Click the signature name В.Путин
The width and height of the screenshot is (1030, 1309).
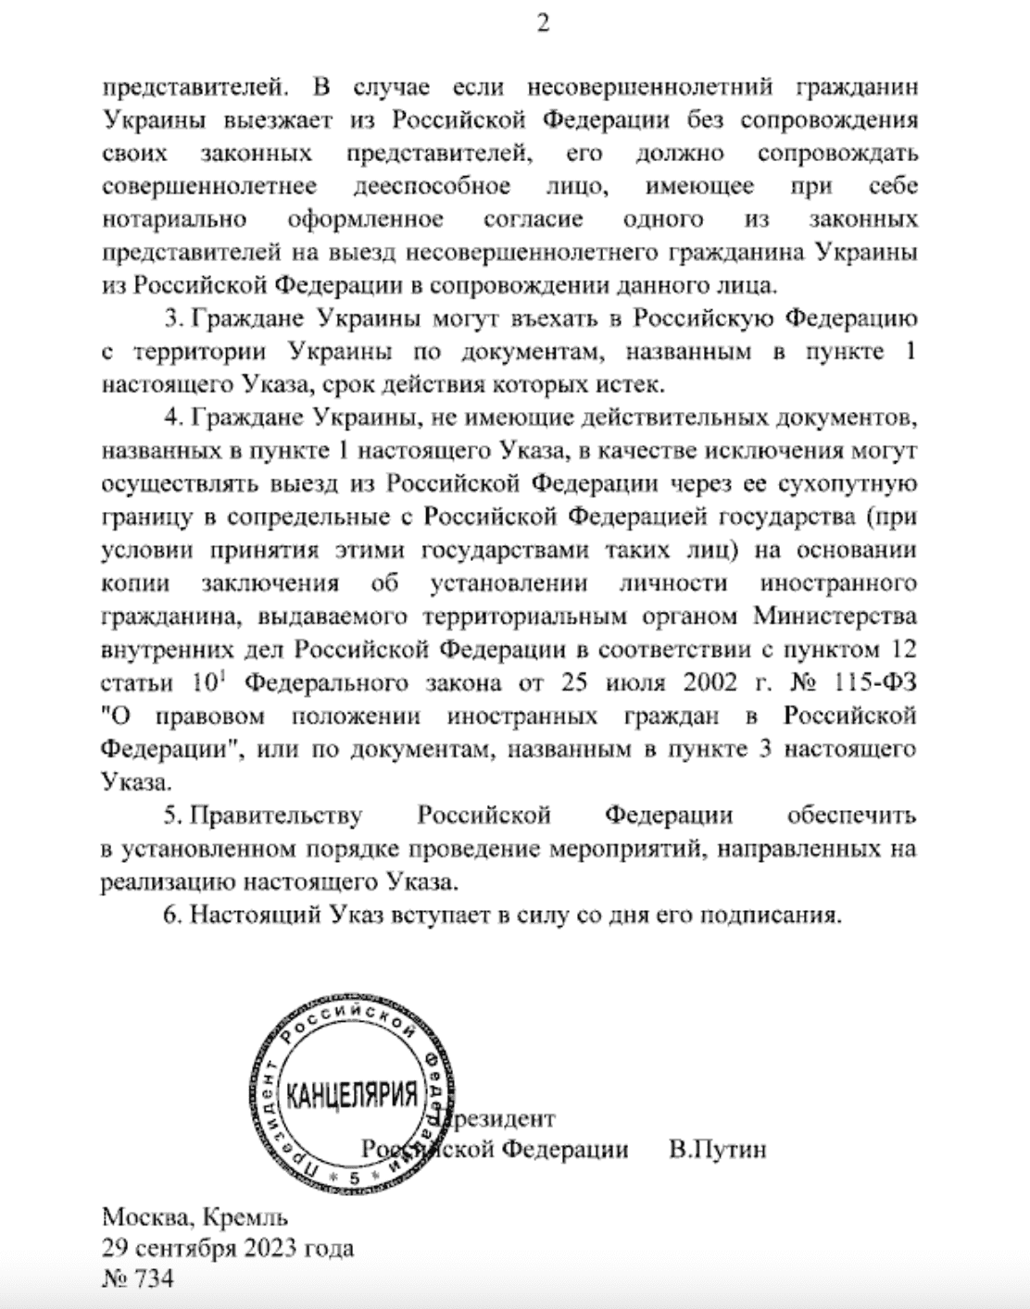(718, 1150)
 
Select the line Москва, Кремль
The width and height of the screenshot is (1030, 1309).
(195, 1216)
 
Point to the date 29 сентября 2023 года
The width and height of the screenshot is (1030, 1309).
(228, 1248)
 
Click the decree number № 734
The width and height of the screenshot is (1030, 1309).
(137, 1279)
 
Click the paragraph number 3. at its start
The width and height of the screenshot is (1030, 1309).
(174, 319)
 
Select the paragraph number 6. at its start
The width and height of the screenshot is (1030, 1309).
(174, 915)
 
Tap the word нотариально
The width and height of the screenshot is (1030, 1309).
(174, 219)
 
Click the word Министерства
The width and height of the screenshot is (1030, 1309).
(835, 617)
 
